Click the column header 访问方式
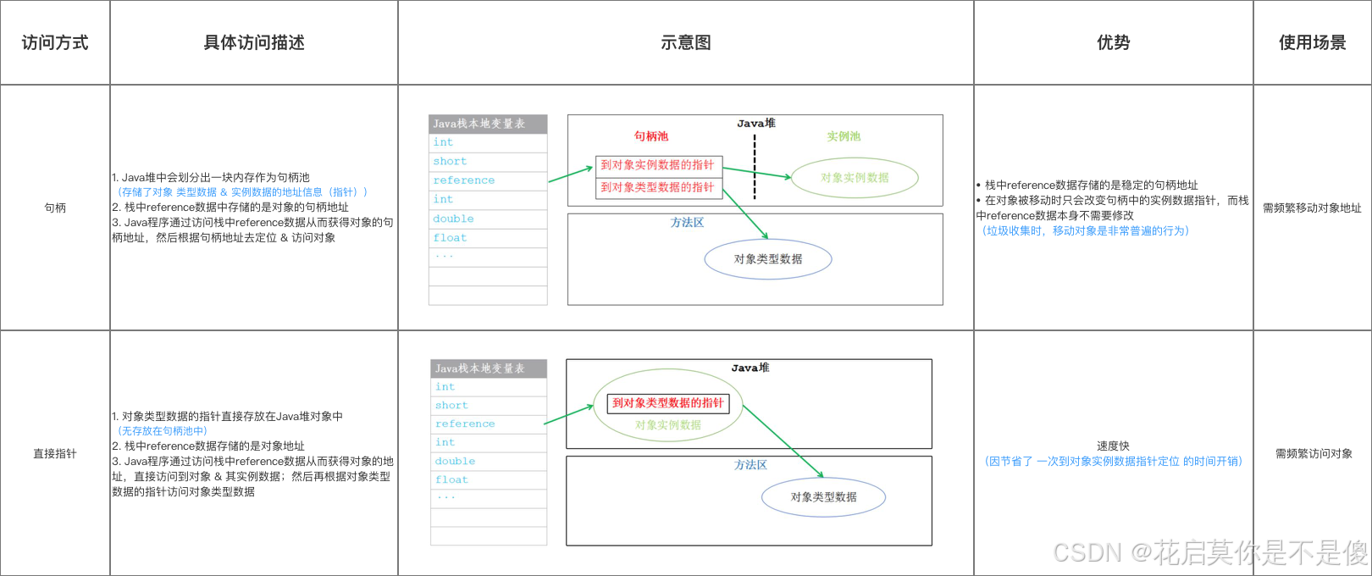(x=55, y=42)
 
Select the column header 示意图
(x=685, y=42)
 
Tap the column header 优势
(x=1113, y=42)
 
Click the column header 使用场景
(x=1312, y=42)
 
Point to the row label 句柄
(x=55, y=208)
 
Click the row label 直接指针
(x=55, y=453)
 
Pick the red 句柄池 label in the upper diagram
(x=651, y=136)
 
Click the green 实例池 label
(x=844, y=136)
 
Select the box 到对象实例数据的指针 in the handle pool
(x=657, y=165)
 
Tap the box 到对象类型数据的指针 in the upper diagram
(x=657, y=187)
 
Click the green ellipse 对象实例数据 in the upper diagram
(x=855, y=178)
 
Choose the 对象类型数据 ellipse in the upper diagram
(x=768, y=259)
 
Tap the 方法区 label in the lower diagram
(x=750, y=465)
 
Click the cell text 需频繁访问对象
(x=1314, y=453)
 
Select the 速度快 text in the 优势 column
(x=1113, y=446)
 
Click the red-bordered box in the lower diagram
(x=668, y=403)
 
